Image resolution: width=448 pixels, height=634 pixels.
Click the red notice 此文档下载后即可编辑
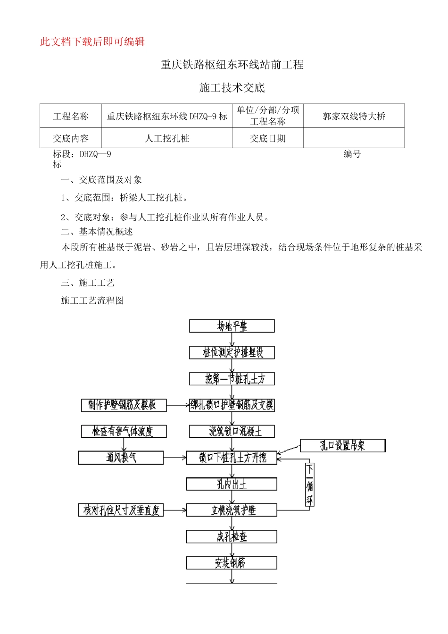pos(92,42)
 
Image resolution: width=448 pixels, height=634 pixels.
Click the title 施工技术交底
pos(232,88)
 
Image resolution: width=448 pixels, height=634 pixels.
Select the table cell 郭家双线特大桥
pos(354,116)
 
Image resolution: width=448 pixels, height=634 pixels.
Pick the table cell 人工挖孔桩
pos(167,139)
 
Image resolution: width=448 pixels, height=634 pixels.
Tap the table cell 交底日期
pos(267,139)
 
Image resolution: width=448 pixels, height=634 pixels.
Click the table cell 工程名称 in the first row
pos(71,116)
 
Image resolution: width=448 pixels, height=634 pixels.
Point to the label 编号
pos(352,154)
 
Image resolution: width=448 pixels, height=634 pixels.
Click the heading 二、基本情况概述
pos(97,232)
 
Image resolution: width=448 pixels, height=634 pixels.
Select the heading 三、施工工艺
pos(88,283)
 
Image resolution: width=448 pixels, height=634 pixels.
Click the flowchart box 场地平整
pos(232,326)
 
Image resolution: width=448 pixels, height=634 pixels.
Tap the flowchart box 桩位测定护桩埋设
pos(232,352)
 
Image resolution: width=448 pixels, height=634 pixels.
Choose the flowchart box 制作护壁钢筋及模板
pos(124,405)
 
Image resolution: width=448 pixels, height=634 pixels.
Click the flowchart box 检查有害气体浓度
pos(124,431)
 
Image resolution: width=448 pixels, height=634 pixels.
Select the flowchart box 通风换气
pos(121,458)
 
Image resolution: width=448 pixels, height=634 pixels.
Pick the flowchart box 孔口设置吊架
pos(343,446)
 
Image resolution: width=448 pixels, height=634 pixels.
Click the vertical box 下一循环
pos(309,484)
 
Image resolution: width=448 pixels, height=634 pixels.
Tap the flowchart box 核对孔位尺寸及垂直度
pos(121,510)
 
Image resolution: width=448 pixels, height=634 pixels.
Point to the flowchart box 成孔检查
pos(232,537)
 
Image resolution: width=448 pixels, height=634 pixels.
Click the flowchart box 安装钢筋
pos(232,563)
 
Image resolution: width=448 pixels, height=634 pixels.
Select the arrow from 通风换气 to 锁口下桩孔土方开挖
pos(175,458)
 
